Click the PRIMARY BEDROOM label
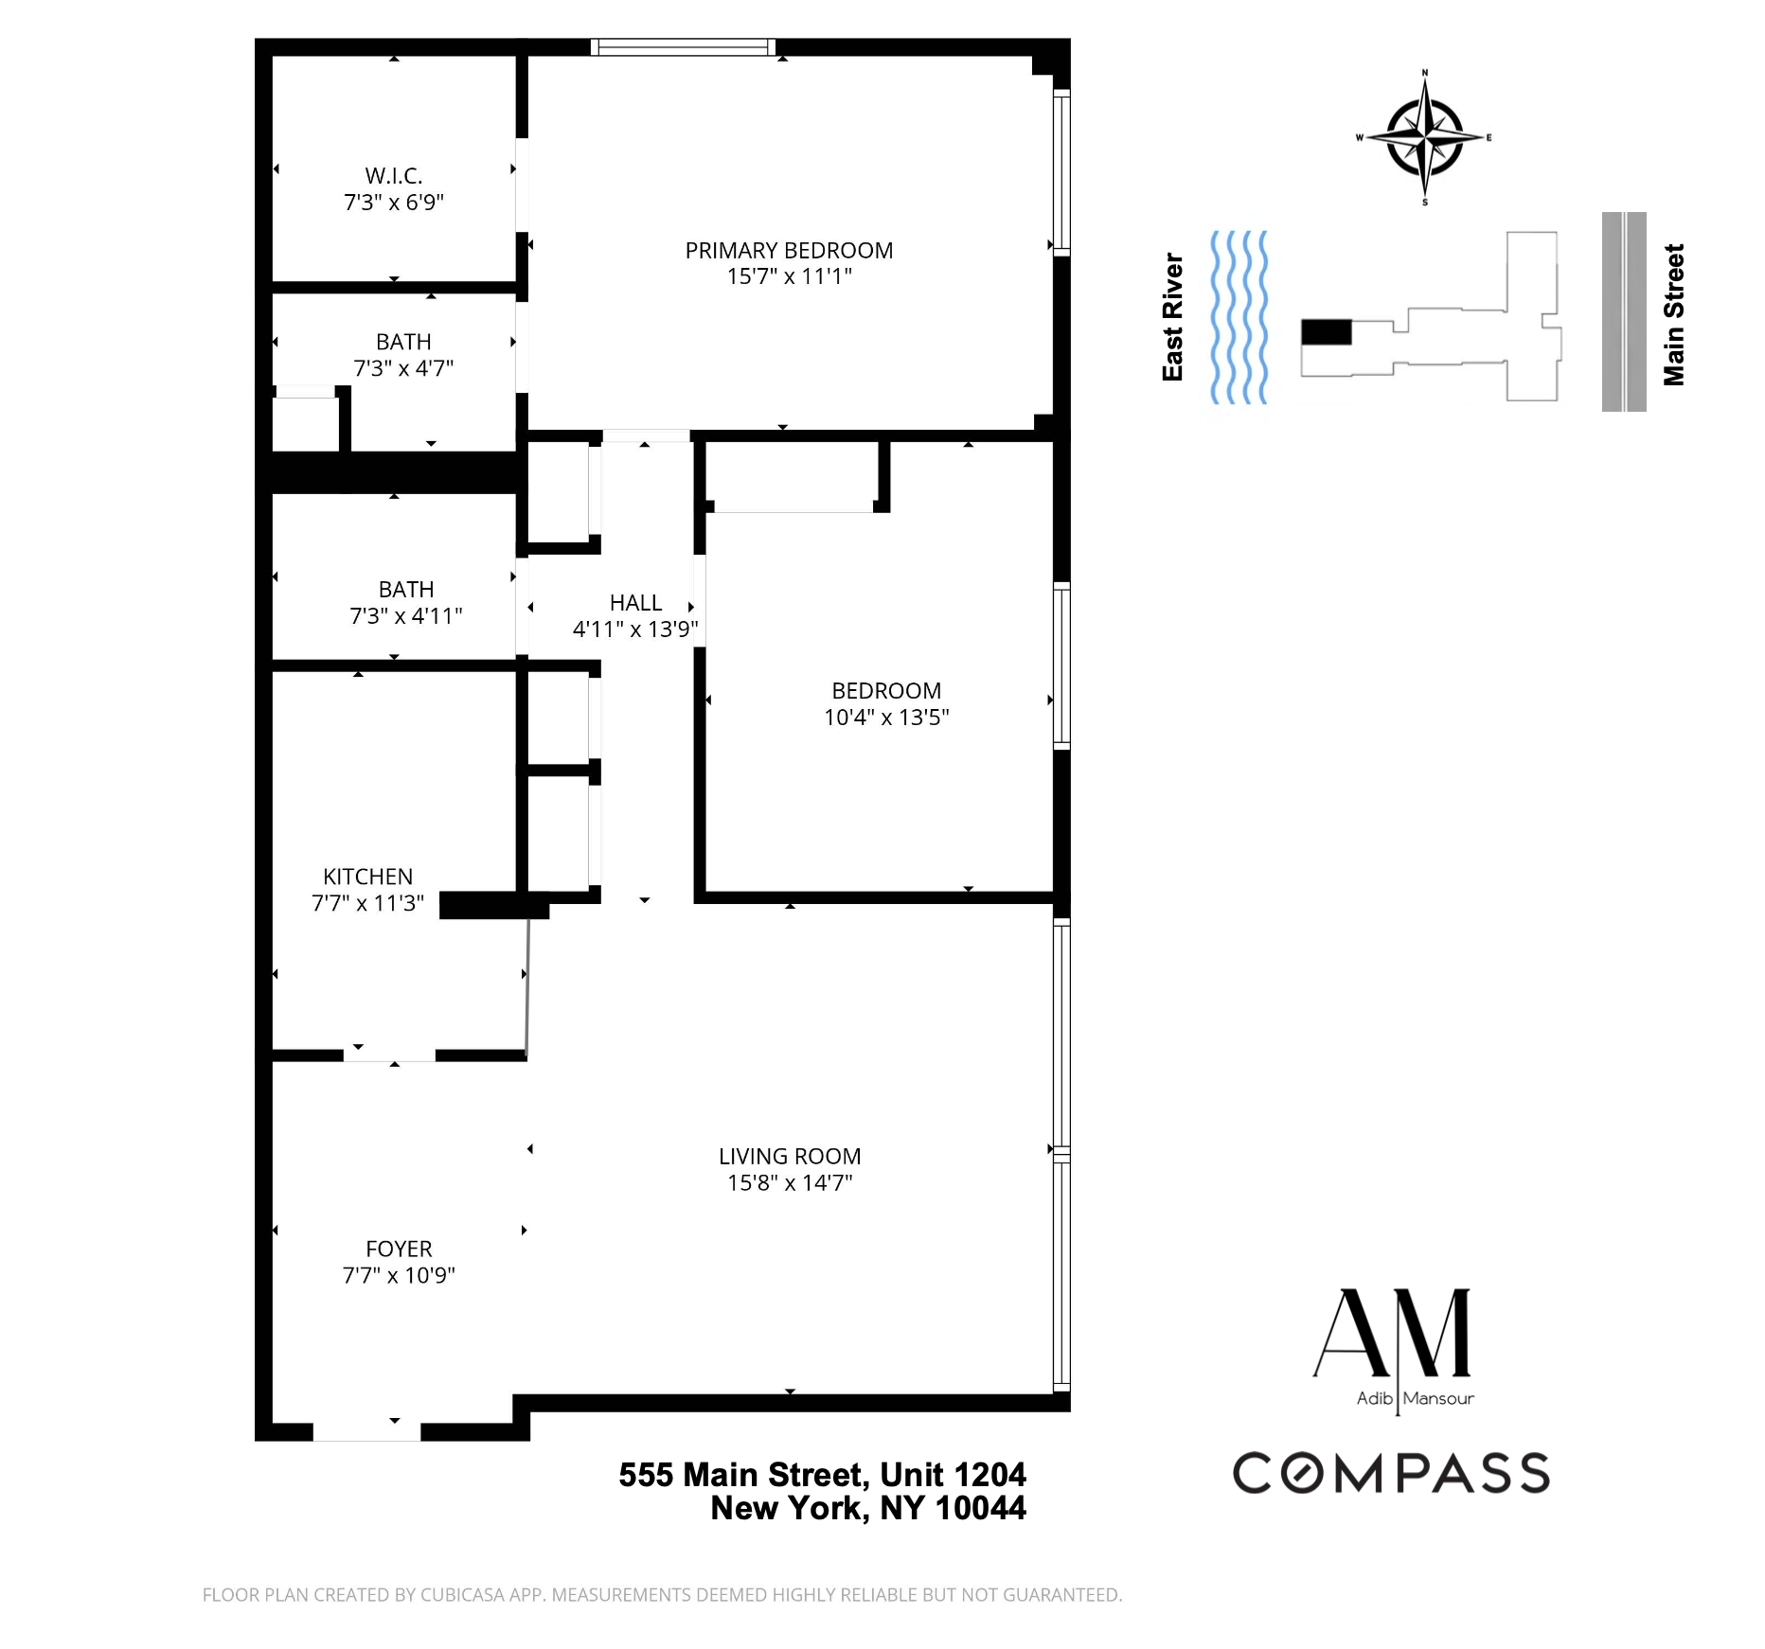789,251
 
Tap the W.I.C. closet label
394,176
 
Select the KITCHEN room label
367,877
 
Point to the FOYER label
399,1250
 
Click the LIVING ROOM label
790,1157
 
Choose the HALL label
635,603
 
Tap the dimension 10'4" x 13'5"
886,718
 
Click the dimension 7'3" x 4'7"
403,368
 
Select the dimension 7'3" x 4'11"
406,616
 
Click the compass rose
1424,138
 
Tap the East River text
1173,317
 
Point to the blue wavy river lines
1239,317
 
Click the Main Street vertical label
1673,315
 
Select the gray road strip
1624,312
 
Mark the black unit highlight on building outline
1326,332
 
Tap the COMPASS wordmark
1391,1473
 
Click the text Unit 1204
953,1475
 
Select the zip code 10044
980,1508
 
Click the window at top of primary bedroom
683,47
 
